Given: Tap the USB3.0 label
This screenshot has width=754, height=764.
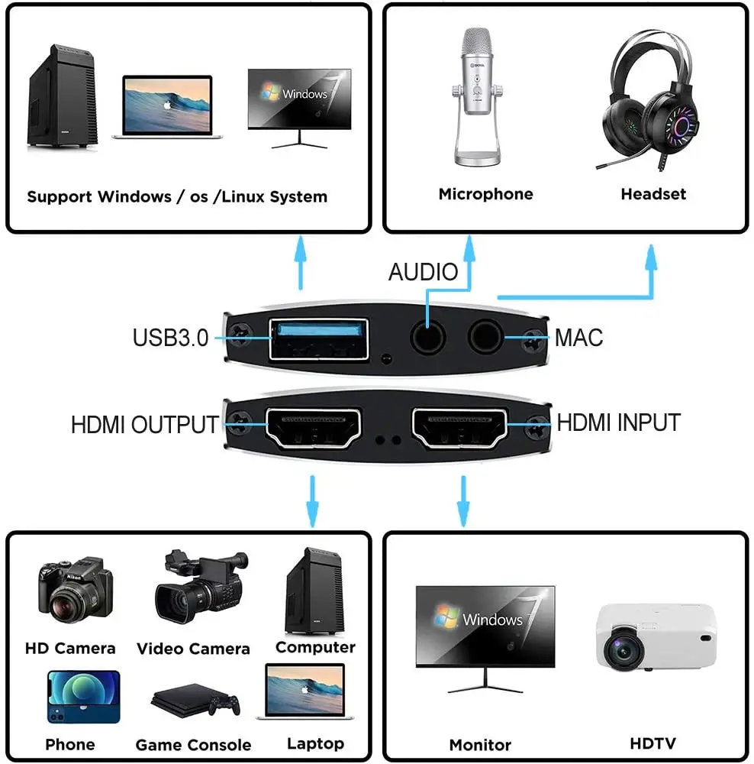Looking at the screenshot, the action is [170, 337].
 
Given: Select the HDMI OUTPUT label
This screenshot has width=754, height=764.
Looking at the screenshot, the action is [144, 424].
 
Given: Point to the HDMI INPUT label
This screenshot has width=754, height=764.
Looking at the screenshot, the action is [618, 422].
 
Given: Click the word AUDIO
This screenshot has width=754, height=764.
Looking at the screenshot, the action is [423, 272].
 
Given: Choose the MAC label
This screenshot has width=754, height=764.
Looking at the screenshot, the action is [578, 337].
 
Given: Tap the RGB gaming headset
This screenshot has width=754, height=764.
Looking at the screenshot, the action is [651, 100].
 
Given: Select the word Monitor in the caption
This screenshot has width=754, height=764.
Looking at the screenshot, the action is [480, 744].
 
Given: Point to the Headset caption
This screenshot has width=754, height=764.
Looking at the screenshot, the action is [653, 194].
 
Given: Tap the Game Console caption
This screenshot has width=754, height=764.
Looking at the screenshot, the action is [193, 745].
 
